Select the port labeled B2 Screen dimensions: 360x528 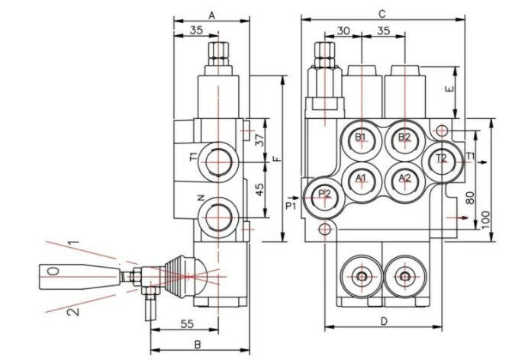[404, 138]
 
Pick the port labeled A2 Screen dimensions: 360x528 [404, 178]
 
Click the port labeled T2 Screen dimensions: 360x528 [441, 159]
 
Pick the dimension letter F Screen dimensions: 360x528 [277, 159]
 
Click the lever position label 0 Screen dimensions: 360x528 [52, 272]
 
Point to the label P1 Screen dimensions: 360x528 [290, 206]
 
